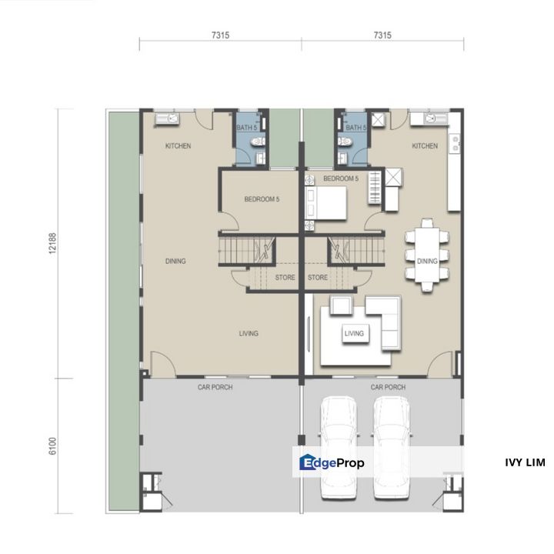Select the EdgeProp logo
332,462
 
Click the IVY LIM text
525,462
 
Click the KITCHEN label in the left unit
178,146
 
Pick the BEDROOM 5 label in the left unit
262,199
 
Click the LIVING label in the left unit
248,333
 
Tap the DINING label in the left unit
175,262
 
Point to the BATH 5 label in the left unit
246,128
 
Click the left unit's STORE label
285,278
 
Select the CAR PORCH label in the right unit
388,388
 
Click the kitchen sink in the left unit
167,118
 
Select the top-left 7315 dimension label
220,35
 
